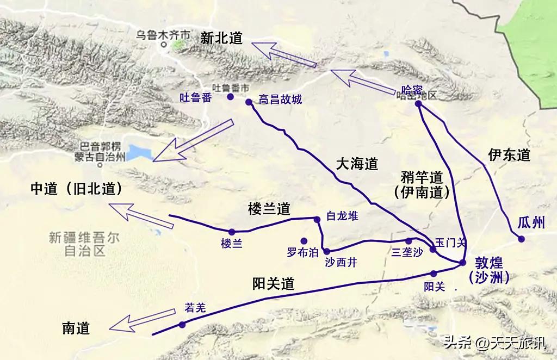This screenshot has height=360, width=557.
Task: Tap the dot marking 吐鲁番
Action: pyautogui.click(x=230, y=97)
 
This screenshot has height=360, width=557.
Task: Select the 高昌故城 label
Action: pyautogui.click(x=280, y=100)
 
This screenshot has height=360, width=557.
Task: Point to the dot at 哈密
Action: pyautogui.click(x=418, y=104)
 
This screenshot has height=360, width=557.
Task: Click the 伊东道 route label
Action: pyautogui.click(x=509, y=156)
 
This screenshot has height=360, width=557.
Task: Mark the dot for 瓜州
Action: pyautogui.click(x=521, y=238)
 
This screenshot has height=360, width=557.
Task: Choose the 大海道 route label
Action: pyautogui.click(x=356, y=164)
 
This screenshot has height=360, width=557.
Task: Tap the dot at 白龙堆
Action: pyautogui.click(x=317, y=219)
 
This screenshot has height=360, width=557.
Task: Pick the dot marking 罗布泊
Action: pyautogui.click(x=304, y=241)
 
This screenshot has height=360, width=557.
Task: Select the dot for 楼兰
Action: pyautogui.click(x=232, y=232)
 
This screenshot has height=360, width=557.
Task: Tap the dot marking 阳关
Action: pyautogui.click(x=434, y=274)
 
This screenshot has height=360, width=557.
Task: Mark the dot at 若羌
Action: pyautogui.click(x=182, y=325)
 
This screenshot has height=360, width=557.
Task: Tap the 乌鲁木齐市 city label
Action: pyautogui.click(x=163, y=35)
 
